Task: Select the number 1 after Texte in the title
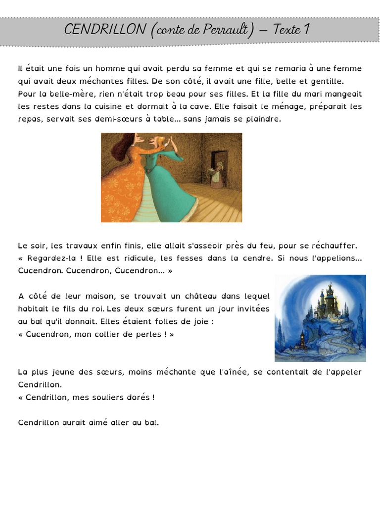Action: pyautogui.click(x=307, y=30)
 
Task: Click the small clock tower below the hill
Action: pyautogui.click(x=301, y=342)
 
